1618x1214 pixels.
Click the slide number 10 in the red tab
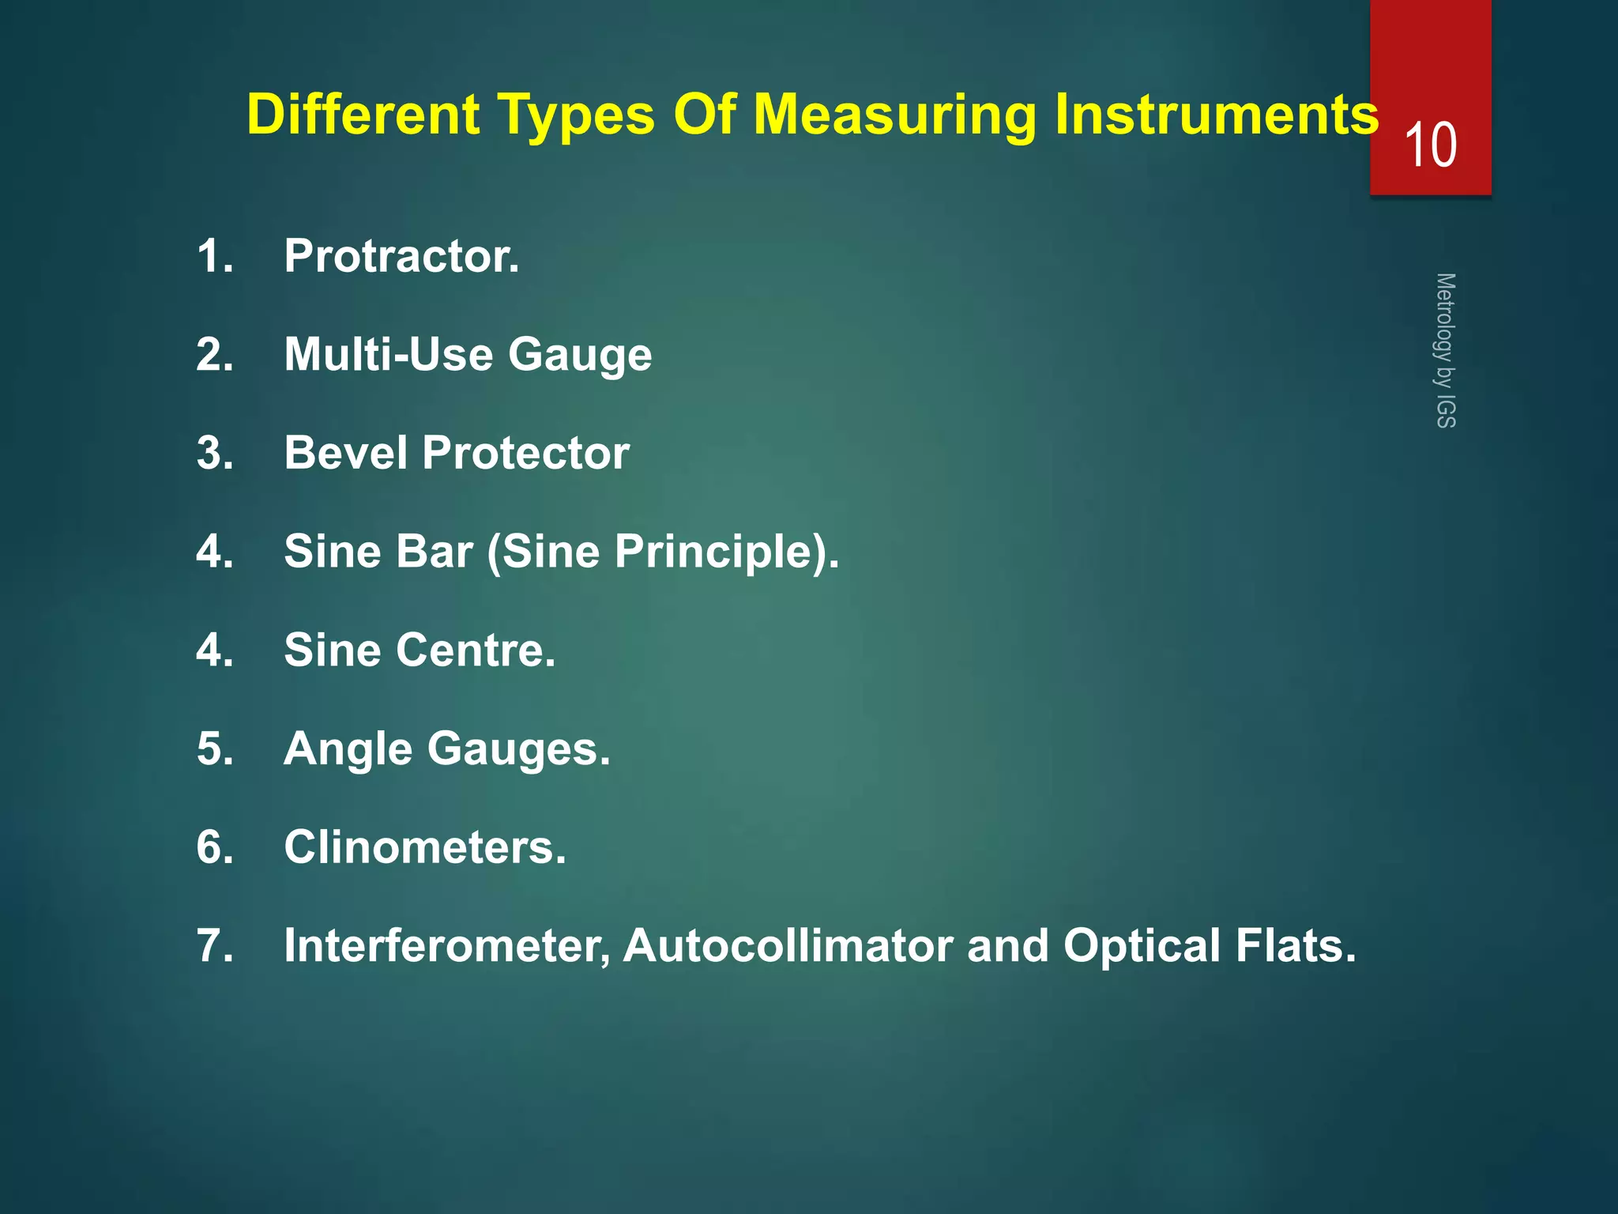point(1431,145)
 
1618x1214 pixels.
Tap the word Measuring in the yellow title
point(894,115)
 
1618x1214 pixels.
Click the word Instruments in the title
point(1217,115)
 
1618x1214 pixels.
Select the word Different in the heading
point(363,115)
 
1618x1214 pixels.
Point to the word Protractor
point(401,256)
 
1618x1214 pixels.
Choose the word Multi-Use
point(388,354)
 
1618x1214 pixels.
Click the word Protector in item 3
point(525,453)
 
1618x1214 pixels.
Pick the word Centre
point(475,650)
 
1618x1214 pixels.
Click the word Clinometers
point(425,847)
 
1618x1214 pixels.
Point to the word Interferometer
point(447,946)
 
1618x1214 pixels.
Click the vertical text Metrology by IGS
point(1445,350)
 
